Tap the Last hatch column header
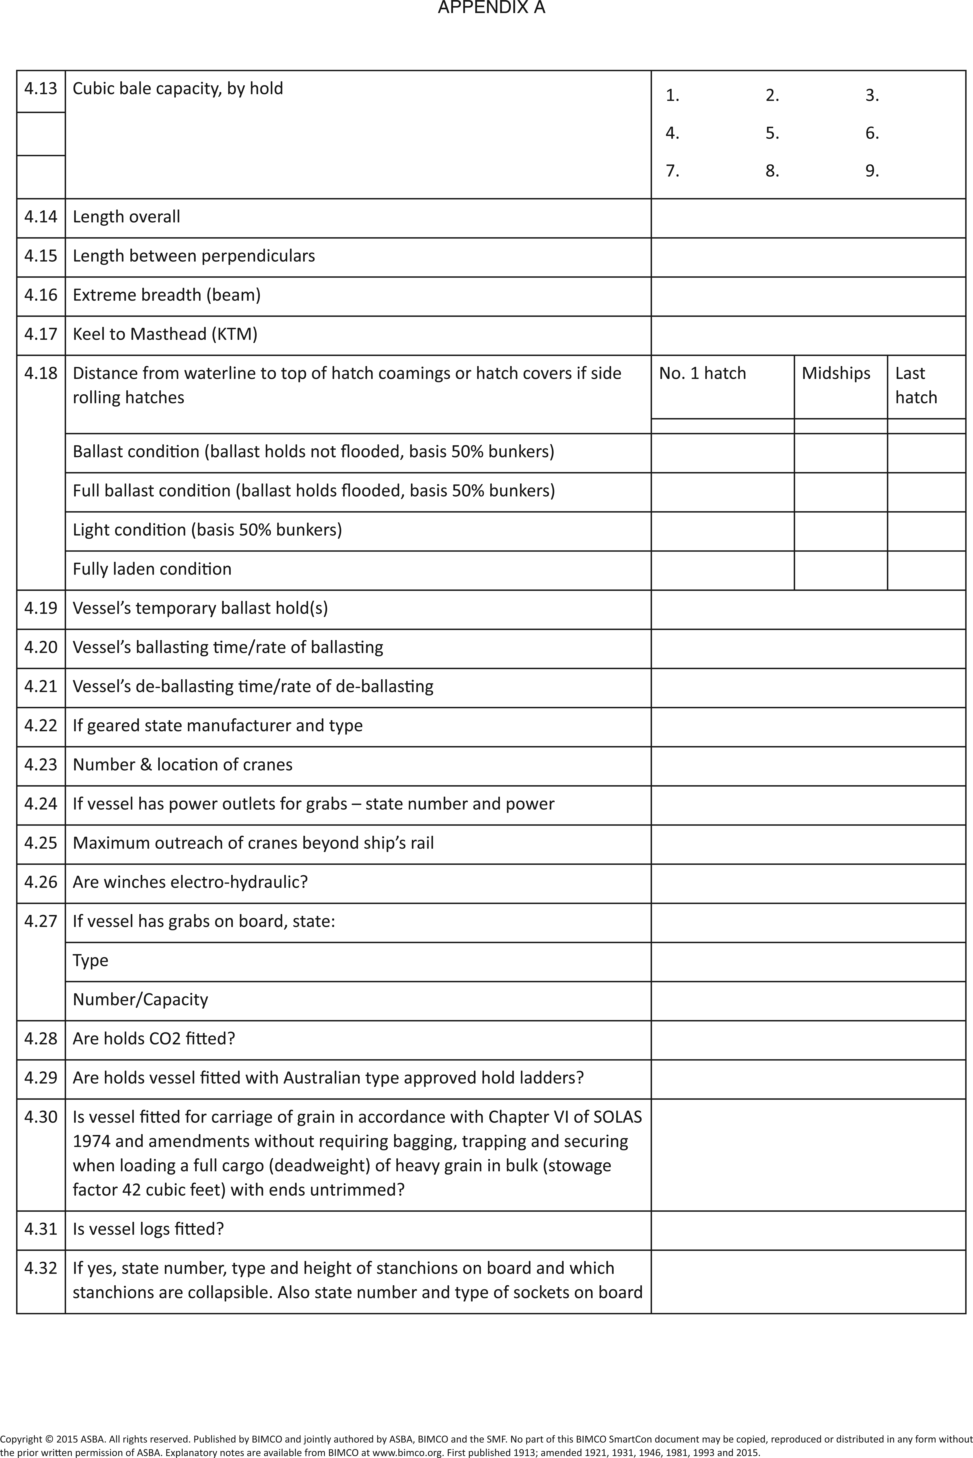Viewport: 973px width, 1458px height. (916, 385)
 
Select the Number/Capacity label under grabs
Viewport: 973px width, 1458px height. (140, 1000)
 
